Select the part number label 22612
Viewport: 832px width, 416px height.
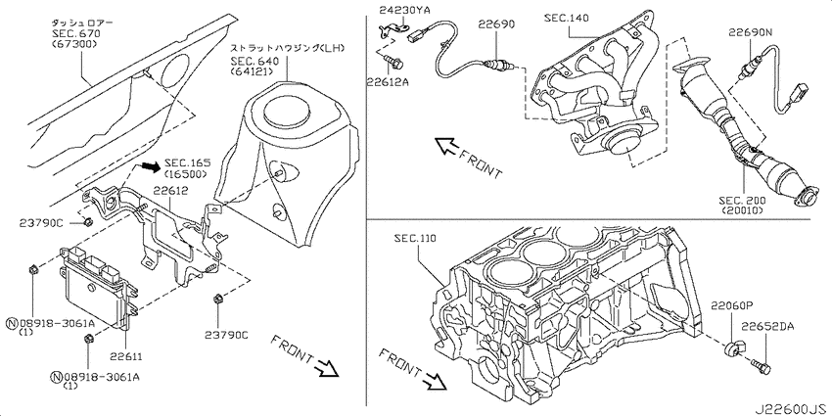(169, 191)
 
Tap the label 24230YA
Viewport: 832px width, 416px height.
(398, 9)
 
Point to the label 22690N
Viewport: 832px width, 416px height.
(750, 32)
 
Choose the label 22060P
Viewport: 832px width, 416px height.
(732, 305)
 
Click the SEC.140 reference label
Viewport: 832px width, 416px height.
(566, 19)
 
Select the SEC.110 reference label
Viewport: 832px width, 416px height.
(415, 239)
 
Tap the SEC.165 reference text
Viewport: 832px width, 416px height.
(187, 162)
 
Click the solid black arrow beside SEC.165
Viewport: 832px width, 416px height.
(149, 167)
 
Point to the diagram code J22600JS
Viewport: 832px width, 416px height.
(792, 409)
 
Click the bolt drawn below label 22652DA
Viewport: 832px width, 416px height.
(761, 366)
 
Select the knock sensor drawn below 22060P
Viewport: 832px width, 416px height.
(734, 350)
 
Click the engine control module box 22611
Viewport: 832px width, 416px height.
(98, 285)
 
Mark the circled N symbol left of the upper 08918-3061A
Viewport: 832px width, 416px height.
(11, 323)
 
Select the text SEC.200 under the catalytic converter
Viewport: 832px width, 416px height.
(742, 200)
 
